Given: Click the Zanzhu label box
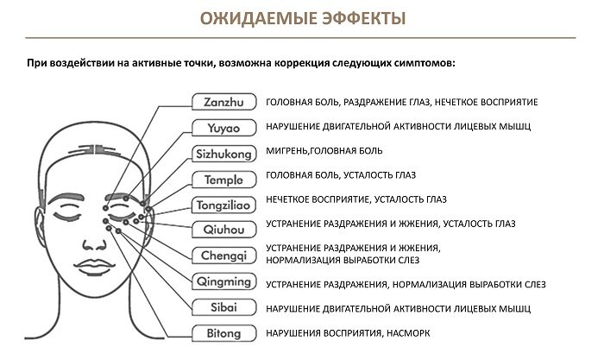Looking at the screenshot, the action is pos(223,102).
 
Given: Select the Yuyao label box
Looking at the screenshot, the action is pos(223,128).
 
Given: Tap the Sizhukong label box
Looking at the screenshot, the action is pos(223,154).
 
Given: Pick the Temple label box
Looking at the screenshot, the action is pos(223,180).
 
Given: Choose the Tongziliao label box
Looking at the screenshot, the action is pos(223,205).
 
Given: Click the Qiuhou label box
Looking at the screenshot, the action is pos(223,230).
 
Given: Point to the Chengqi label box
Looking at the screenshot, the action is pos(223,255).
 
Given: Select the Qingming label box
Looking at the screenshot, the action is pos(223,281).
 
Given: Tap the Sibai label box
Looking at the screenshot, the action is pos(223,306).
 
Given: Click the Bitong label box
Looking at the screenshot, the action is pos(223,332).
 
